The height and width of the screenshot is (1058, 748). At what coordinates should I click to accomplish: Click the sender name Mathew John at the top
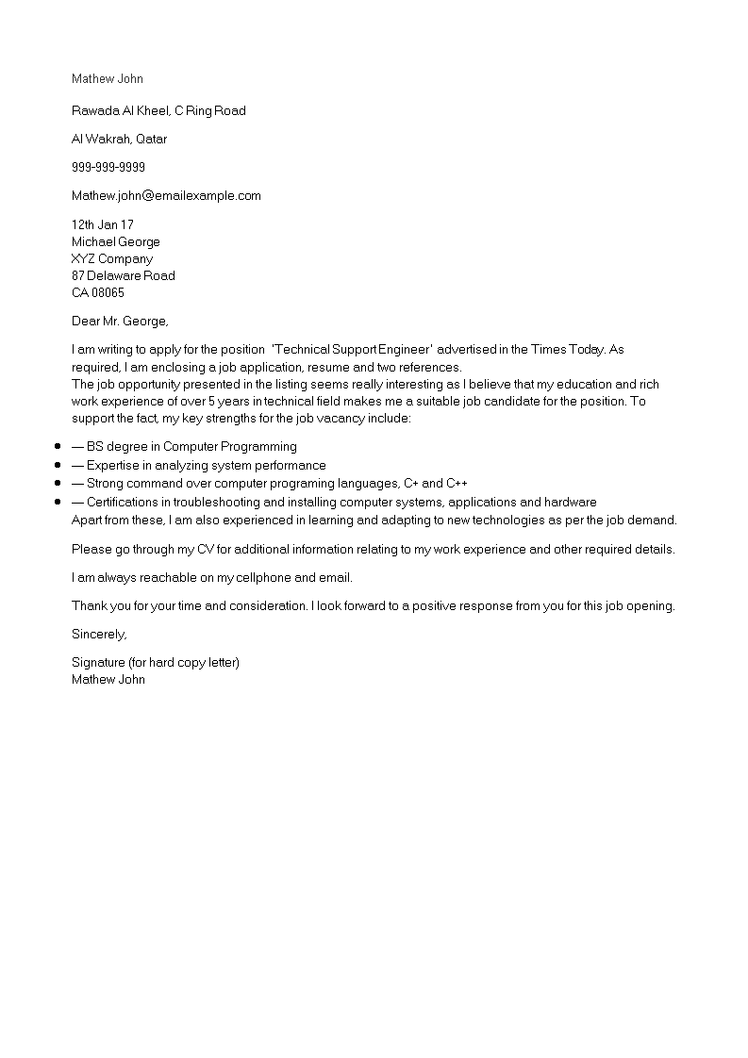click(x=108, y=79)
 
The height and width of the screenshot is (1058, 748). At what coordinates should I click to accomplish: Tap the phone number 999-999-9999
click(x=108, y=168)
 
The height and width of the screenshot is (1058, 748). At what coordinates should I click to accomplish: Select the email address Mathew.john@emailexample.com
click(x=166, y=196)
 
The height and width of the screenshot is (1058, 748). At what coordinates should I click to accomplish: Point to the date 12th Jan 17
click(x=103, y=225)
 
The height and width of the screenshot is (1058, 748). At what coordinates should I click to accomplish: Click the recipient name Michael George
click(x=116, y=242)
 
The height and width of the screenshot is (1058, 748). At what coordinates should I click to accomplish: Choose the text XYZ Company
click(x=112, y=259)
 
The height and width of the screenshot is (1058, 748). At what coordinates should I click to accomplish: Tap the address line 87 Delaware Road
click(x=124, y=276)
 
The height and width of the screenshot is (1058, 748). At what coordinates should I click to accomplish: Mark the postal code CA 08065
click(x=98, y=293)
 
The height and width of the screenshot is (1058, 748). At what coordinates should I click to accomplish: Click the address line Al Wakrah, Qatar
click(x=119, y=140)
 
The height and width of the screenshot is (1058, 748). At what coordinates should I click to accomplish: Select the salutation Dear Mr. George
click(x=120, y=322)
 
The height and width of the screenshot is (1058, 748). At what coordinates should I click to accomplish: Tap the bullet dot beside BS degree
click(x=58, y=447)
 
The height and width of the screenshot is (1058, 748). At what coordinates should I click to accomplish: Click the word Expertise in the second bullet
click(x=114, y=466)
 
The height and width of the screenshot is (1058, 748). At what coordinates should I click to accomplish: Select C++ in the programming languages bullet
click(x=457, y=484)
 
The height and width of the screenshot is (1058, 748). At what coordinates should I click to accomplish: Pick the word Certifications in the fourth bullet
click(x=127, y=503)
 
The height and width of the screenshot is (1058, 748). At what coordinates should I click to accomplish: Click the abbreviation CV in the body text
click(x=207, y=550)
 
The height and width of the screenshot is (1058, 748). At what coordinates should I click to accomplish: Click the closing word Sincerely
click(x=99, y=635)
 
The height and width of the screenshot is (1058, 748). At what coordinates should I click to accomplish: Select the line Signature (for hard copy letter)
click(x=156, y=663)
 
